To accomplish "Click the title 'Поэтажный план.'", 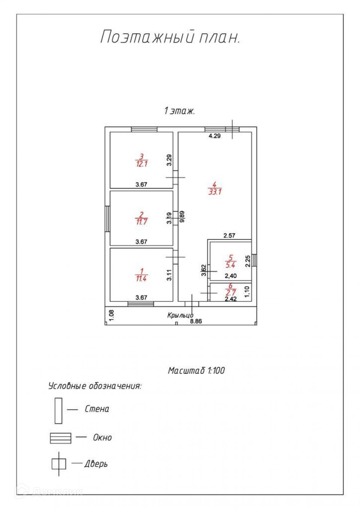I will (170, 37).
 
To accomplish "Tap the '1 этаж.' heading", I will (180, 111).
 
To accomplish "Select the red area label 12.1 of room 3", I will (141, 164).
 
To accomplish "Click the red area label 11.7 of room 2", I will (141, 222).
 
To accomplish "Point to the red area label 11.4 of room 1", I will (141, 278).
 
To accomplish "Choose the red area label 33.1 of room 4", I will (215, 191).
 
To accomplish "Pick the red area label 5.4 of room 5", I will (230, 265).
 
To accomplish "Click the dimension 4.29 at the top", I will (214, 136).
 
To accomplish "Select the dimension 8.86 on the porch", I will (196, 321).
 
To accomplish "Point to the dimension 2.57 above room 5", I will (229, 235).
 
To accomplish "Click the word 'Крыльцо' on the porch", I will (180, 315).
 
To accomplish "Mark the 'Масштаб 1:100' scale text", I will (196, 371).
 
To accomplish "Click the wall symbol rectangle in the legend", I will (58, 411).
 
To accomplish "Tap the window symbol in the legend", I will (61, 438).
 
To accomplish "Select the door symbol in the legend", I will (58, 464).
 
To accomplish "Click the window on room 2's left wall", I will (107, 218).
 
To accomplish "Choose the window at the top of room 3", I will (144, 130).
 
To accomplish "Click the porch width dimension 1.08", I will (111, 315).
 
